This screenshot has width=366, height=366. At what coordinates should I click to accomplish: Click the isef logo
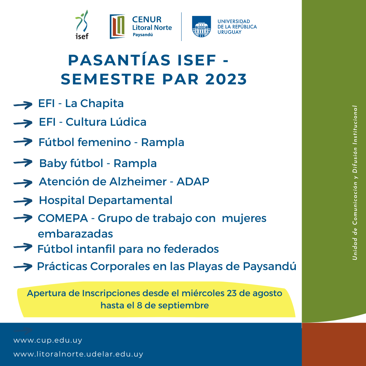pos(82,24)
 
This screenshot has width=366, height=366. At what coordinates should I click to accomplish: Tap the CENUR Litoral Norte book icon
pos(117,26)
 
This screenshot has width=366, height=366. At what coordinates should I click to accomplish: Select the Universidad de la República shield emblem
pos(201,26)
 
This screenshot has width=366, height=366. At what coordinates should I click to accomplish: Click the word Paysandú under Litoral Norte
pos(143,35)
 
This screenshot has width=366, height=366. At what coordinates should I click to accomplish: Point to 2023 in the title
pos(226,79)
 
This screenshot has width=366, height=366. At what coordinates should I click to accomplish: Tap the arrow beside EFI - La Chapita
pos(23,105)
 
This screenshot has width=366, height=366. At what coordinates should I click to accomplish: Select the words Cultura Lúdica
pos(106,122)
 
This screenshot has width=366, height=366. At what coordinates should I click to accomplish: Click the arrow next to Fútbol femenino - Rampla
pos(23,142)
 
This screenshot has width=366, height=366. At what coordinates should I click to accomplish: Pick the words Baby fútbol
pos(71,163)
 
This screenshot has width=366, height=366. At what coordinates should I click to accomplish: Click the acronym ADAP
pos(193,182)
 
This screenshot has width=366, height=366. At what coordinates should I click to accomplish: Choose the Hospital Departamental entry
pos(106,200)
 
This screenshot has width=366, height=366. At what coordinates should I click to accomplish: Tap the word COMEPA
pos(63,219)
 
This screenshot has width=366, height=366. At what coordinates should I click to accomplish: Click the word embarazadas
pos(75,233)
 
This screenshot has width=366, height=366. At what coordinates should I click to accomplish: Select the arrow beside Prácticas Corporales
pos(23,267)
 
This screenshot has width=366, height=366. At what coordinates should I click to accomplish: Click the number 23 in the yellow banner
pos(231,293)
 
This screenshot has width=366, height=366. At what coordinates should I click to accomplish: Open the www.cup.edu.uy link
pos(48,340)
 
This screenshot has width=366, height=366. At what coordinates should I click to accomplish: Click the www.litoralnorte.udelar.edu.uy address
pos(78,354)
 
